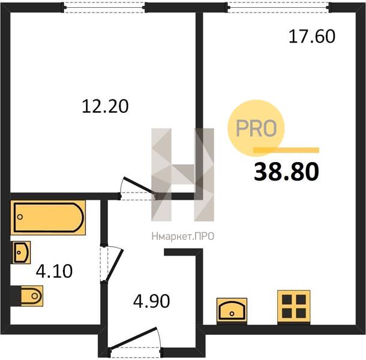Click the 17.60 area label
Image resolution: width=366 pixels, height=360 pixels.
[312, 37]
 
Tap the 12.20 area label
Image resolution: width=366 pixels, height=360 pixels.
[105, 106]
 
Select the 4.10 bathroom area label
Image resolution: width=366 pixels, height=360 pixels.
[54, 271]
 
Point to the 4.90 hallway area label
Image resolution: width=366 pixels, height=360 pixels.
[151, 301]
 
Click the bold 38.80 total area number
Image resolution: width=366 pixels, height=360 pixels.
[286, 172]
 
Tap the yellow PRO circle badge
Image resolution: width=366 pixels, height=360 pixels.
[256, 128]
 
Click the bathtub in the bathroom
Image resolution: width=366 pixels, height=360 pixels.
[48, 217]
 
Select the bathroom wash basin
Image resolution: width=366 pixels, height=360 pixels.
[20, 253]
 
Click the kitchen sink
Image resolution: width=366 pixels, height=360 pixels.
[232, 310]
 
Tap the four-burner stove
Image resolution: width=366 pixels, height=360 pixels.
[293, 307]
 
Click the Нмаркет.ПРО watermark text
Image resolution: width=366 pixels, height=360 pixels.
[183, 236]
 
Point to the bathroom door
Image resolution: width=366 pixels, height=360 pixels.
[112, 264]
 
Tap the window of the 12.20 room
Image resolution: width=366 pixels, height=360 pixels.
[104, 7]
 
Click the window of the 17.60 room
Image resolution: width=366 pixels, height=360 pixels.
[278, 7]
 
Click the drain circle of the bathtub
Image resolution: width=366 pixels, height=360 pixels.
[20, 217]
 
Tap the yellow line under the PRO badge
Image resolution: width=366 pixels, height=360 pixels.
[286, 150]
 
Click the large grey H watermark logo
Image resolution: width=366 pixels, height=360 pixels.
[183, 175]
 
